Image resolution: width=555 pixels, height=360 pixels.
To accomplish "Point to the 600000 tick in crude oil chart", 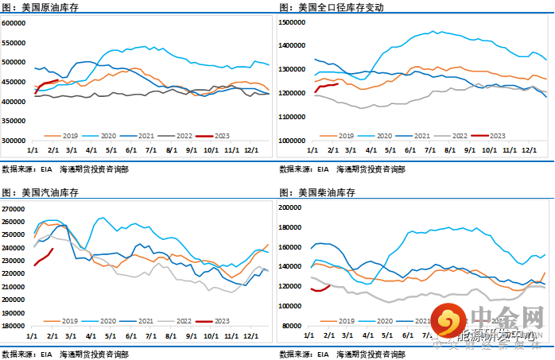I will point(15,23).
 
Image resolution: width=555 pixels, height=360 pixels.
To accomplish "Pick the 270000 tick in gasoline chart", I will point(15,208).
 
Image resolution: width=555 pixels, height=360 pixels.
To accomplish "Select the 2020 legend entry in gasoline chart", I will point(107,320).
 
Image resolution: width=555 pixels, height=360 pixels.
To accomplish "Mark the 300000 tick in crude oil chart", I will point(15,141).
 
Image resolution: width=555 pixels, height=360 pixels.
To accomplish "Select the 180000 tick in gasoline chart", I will point(15,326).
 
